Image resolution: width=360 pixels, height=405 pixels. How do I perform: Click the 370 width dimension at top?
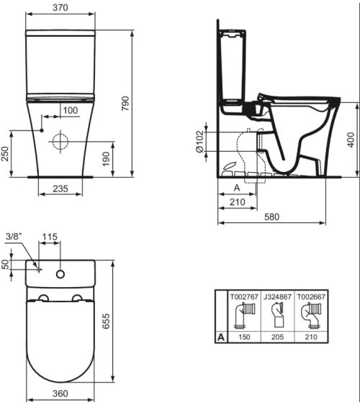pyautogui.click(x=60, y=7)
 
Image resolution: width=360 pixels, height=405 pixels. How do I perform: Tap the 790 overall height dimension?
pyautogui.click(x=125, y=104)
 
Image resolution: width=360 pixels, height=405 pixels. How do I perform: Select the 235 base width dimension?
pyautogui.click(x=60, y=188)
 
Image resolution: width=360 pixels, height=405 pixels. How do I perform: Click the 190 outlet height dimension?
pyautogui.click(x=107, y=159)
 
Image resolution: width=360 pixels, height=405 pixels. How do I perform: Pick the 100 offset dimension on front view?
pyautogui.click(x=71, y=111)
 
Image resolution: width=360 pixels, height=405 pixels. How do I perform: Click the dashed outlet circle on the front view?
pyautogui.click(x=60, y=142)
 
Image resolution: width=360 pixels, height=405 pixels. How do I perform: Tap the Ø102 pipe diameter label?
pyautogui.click(x=199, y=142)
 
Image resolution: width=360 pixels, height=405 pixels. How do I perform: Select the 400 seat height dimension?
pyautogui.click(x=351, y=140)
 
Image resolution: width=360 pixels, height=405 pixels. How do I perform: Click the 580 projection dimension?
pyautogui.click(x=272, y=217)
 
